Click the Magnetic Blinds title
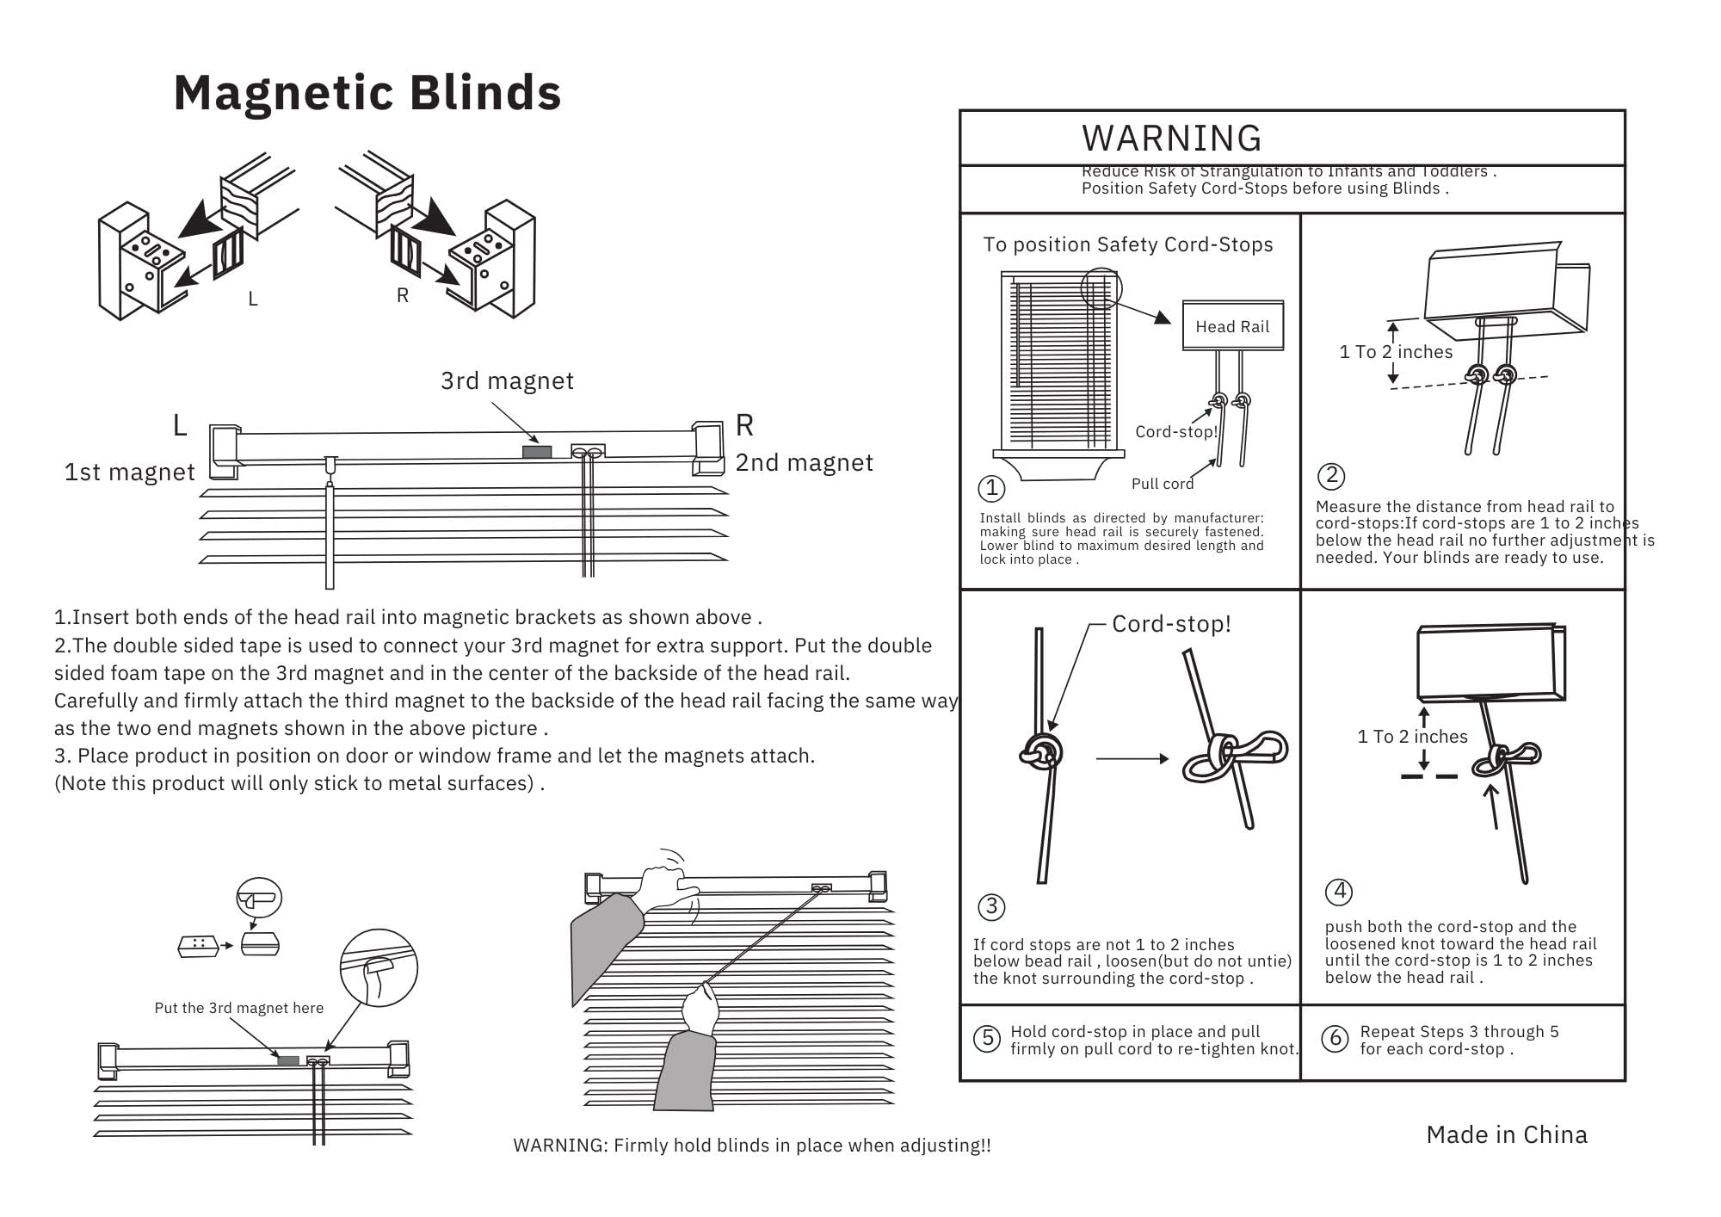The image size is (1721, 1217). pyautogui.click(x=367, y=93)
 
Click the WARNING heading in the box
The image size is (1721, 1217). pyautogui.click(x=1171, y=139)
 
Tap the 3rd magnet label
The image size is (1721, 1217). pyautogui.click(x=507, y=380)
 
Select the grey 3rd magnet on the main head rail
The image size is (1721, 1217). pyautogui.click(x=537, y=452)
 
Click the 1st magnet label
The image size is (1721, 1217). pyautogui.click(x=130, y=472)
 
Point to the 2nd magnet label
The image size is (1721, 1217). pyautogui.click(x=804, y=463)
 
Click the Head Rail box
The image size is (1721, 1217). pyautogui.click(x=1232, y=326)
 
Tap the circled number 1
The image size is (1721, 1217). pyautogui.click(x=991, y=488)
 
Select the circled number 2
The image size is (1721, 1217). pyautogui.click(x=1331, y=476)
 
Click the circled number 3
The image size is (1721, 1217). pyautogui.click(x=991, y=906)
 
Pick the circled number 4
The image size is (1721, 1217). pyautogui.click(x=1339, y=891)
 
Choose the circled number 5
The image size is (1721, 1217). pyautogui.click(x=986, y=1039)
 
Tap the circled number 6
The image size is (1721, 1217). pyautogui.click(x=1335, y=1039)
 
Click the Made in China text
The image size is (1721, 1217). pyautogui.click(x=1506, y=1134)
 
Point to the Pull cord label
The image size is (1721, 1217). pyautogui.click(x=1162, y=484)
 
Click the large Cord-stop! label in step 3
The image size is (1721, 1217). pyautogui.click(x=1171, y=624)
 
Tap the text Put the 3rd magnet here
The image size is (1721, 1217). pyautogui.click(x=239, y=1008)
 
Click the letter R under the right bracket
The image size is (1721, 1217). pyautogui.click(x=402, y=295)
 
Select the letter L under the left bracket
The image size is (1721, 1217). pyautogui.click(x=252, y=299)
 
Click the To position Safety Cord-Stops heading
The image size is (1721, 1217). pyautogui.click(x=1128, y=244)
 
